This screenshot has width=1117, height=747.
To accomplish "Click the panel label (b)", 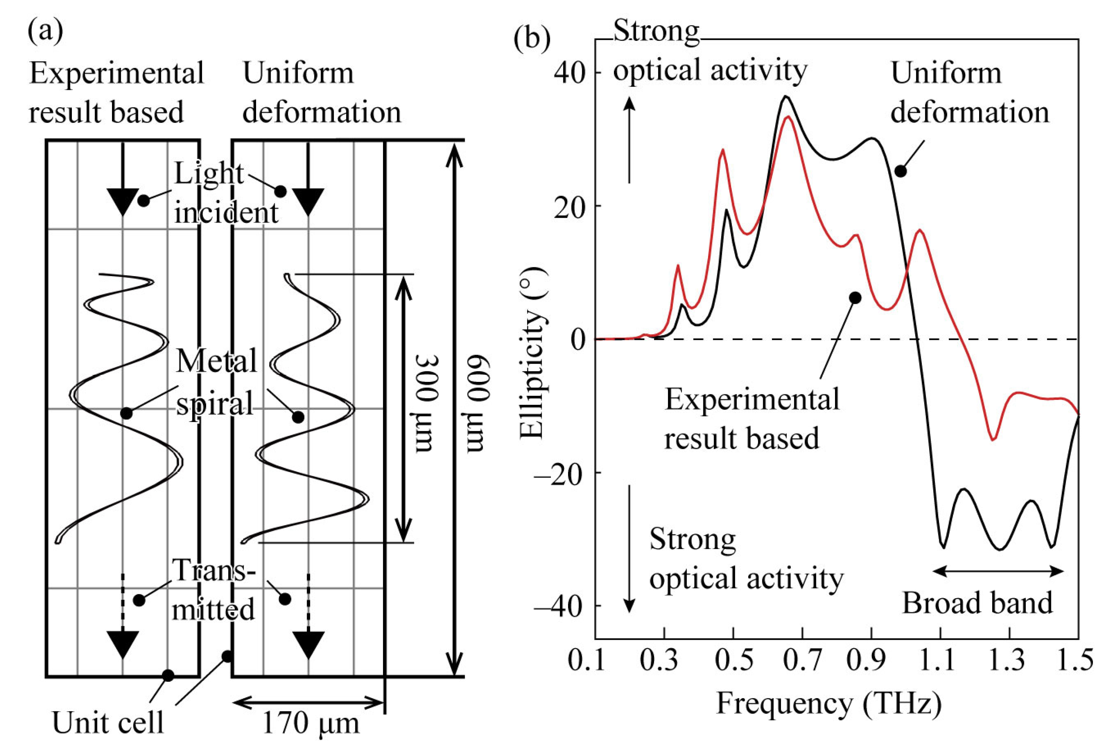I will click(x=532, y=39).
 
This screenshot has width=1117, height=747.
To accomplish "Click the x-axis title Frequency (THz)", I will click(x=829, y=704).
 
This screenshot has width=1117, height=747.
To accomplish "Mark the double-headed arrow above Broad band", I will click(x=997, y=571).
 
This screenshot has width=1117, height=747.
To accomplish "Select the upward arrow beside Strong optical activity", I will click(x=630, y=140).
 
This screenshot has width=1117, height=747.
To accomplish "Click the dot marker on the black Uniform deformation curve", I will click(x=900, y=171).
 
